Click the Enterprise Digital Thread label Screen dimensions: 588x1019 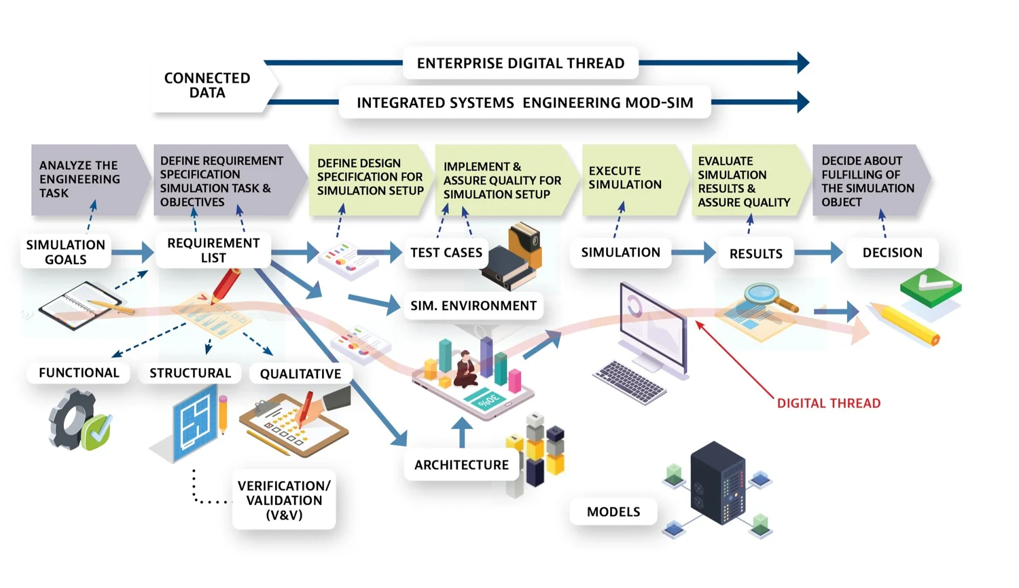[520, 63]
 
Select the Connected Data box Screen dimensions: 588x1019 [208, 86]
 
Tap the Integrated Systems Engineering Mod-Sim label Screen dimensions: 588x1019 [524, 103]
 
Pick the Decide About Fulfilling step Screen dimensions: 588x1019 [867, 181]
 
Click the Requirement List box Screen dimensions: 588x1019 [213, 251]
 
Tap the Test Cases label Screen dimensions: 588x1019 [446, 253]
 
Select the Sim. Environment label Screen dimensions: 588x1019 [473, 306]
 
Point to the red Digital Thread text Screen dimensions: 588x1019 [828, 403]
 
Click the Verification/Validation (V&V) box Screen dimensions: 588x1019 [284, 500]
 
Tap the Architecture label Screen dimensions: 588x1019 [461, 465]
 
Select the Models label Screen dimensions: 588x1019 [613, 512]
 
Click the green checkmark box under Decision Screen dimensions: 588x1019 [930, 284]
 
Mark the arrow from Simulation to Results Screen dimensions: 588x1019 [694, 253]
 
